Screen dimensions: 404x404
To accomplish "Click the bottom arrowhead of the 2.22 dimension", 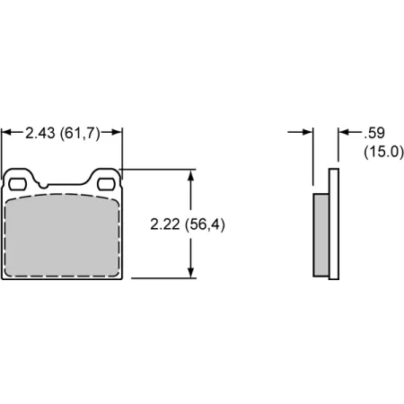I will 190,273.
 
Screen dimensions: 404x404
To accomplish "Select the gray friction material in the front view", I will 63,238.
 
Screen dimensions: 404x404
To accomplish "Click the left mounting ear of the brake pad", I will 19,179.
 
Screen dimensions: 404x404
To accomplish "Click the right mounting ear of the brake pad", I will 108,179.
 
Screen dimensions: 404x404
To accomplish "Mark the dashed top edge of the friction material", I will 63,195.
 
